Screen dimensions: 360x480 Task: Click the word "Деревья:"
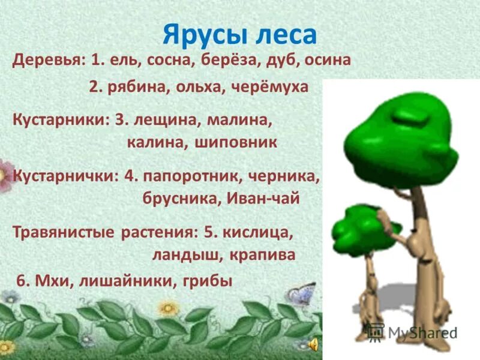click(50, 61)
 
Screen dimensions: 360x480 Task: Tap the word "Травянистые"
click(62, 232)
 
